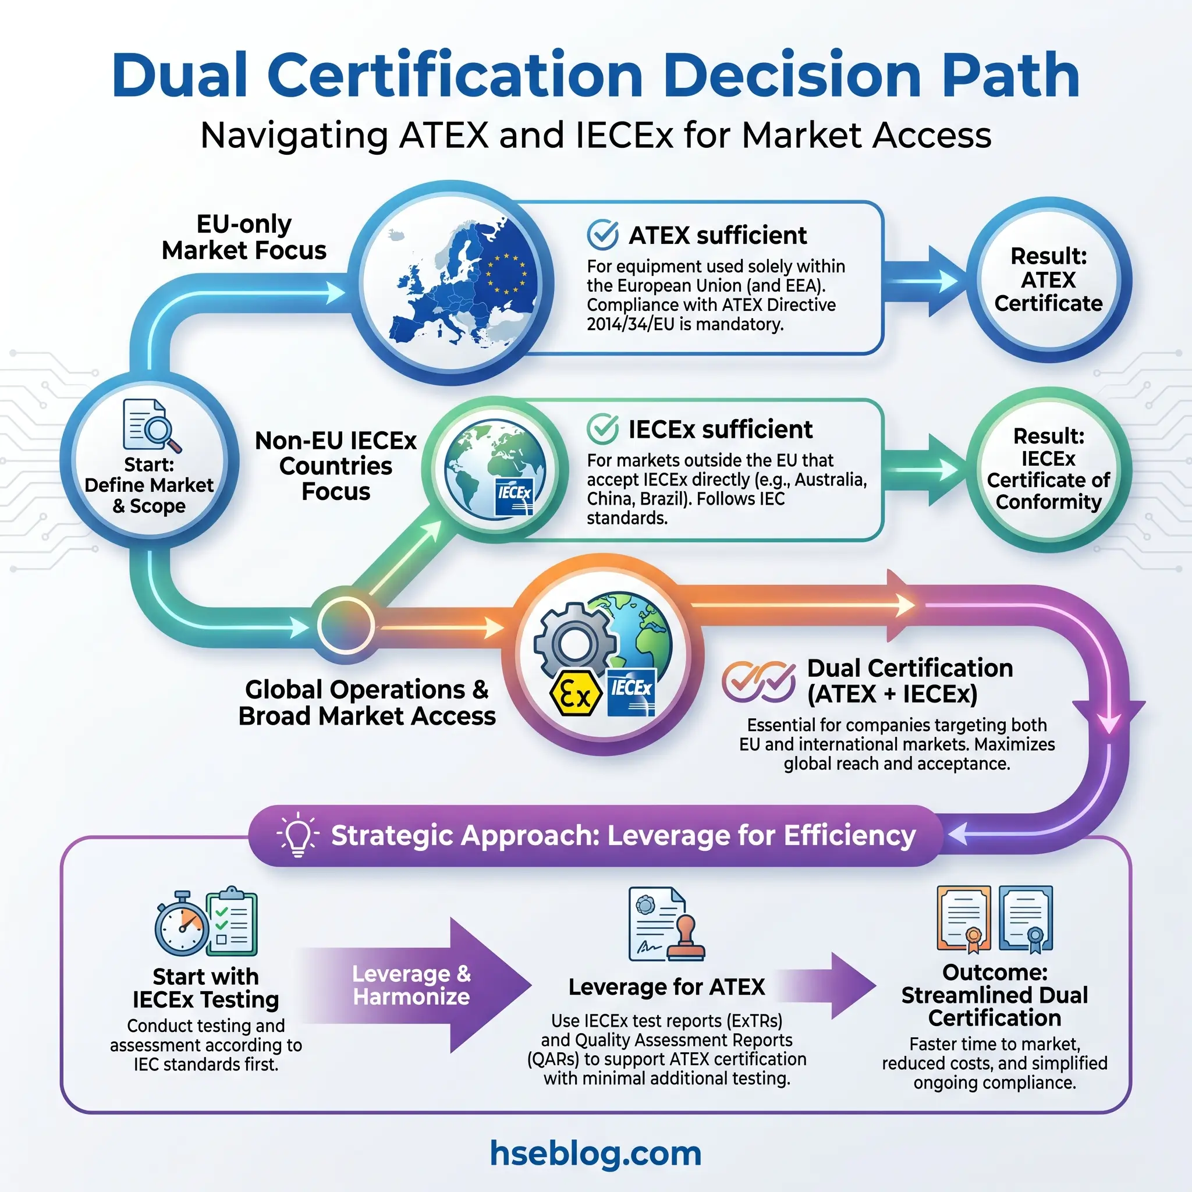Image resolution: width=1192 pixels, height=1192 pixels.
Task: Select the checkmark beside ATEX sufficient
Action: [602, 235]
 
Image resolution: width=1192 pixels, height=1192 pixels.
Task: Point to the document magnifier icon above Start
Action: [151, 425]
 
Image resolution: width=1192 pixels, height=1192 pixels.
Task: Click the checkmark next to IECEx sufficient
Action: [602, 429]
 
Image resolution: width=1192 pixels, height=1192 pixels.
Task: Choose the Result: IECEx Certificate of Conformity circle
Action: [1048, 469]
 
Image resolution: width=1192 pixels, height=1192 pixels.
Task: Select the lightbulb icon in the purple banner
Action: [298, 835]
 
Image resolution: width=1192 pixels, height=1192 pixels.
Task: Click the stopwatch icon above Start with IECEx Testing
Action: [182, 924]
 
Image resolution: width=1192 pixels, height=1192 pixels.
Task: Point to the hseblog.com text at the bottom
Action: [595, 1153]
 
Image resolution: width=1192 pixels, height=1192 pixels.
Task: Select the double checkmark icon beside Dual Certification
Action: [758, 682]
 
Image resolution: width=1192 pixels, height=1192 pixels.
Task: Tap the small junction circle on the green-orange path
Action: [346, 625]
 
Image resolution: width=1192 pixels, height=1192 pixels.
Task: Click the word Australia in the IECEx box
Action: [832, 480]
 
